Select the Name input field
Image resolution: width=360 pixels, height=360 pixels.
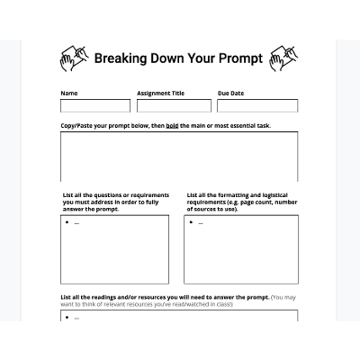click(94, 106)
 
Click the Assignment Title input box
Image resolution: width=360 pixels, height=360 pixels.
click(174, 106)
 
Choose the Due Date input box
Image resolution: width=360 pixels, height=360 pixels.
click(257, 106)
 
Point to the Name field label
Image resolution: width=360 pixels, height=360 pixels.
click(68, 93)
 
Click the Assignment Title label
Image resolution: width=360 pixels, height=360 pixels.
click(160, 93)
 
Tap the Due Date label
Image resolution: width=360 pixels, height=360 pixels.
click(230, 93)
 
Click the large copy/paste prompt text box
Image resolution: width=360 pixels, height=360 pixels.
click(179, 157)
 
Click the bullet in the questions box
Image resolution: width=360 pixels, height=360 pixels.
click(67, 221)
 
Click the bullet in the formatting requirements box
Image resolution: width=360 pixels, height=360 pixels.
click(192, 221)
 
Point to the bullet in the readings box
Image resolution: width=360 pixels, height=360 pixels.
click(67, 316)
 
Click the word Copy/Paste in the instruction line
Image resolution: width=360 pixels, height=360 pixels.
click(76, 126)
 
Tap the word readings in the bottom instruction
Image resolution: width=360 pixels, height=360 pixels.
click(108, 296)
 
